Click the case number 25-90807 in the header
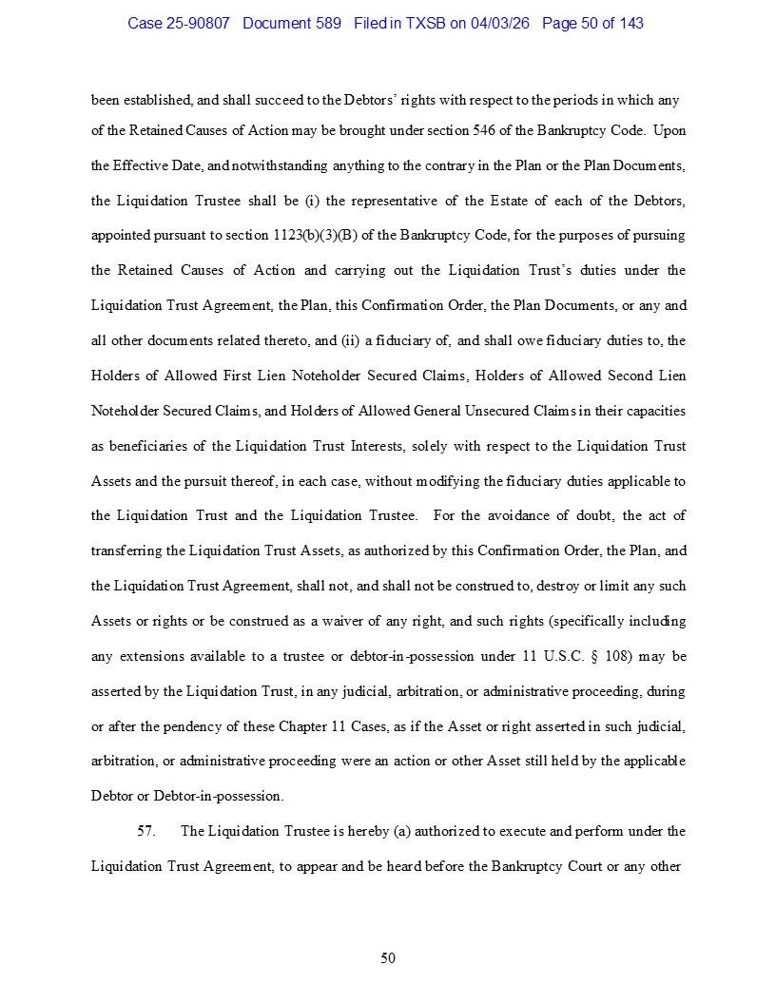tap(198, 23)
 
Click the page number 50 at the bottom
tap(388, 957)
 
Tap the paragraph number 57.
tap(146, 831)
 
